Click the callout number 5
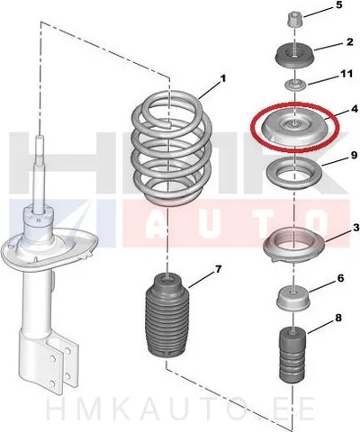[x=339, y=5]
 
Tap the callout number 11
[x=347, y=74]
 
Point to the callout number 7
[x=218, y=269]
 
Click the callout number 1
[x=222, y=79]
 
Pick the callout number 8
[x=338, y=318]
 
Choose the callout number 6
[x=341, y=279]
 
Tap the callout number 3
[x=355, y=228]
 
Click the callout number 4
[x=355, y=109]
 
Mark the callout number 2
[x=350, y=42]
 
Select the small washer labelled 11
[x=295, y=85]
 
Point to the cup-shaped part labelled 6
[x=293, y=300]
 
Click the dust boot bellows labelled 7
[x=167, y=315]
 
